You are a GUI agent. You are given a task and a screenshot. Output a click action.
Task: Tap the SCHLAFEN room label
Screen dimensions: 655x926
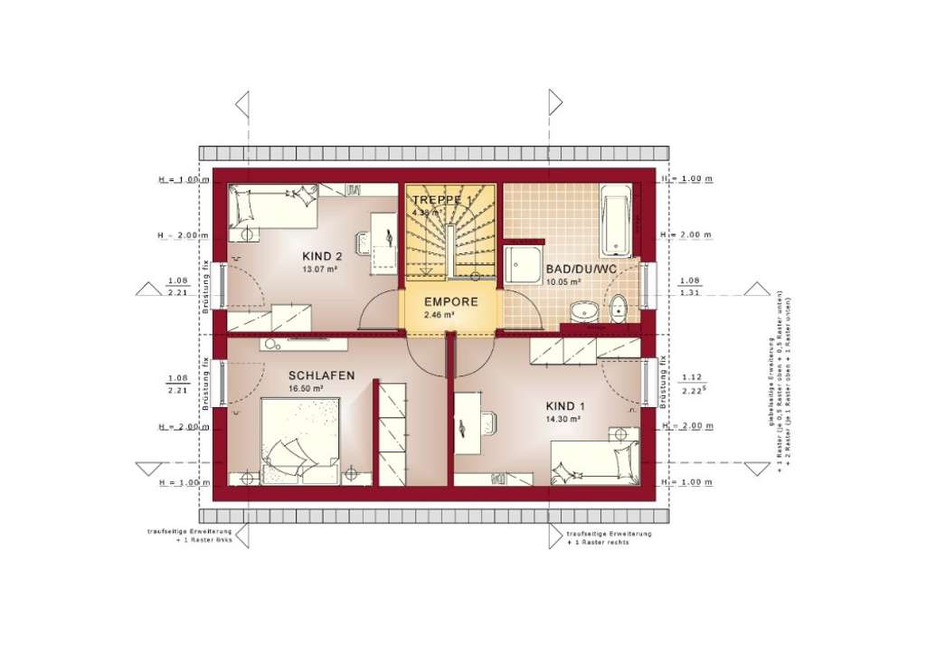(321, 375)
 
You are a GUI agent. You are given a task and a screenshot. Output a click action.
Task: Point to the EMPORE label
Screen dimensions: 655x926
(449, 303)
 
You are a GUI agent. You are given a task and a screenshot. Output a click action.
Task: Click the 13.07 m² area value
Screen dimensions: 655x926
(319, 269)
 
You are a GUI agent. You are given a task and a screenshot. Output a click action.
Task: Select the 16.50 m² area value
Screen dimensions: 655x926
(306, 388)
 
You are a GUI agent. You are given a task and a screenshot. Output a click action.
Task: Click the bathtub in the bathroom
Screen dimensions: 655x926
(618, 218)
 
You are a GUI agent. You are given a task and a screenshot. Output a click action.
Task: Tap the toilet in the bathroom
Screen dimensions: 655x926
(619, 309)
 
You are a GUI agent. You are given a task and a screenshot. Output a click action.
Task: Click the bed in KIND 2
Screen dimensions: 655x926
(271, 207)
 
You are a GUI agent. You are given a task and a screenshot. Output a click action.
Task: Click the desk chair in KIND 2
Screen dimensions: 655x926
(366, 242)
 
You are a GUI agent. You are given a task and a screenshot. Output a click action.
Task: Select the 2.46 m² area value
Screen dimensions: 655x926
(439, 315)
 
